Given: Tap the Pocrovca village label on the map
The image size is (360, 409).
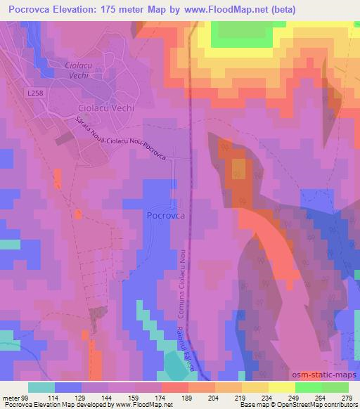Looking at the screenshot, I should coord(166,216).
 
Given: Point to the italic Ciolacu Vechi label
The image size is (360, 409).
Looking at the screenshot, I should coord(79,70).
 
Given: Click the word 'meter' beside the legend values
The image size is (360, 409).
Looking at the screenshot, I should coord(11,397).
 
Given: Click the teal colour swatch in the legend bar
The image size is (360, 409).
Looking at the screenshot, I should coord(41,387).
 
